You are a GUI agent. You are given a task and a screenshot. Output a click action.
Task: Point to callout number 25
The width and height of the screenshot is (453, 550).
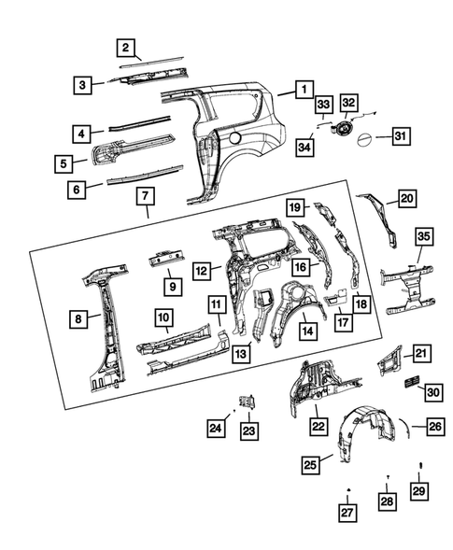point(311,463)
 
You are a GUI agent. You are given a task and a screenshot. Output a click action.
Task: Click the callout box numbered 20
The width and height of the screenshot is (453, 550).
point(407,199)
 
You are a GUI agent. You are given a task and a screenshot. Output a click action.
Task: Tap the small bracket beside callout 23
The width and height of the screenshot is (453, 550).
point(248,402)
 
